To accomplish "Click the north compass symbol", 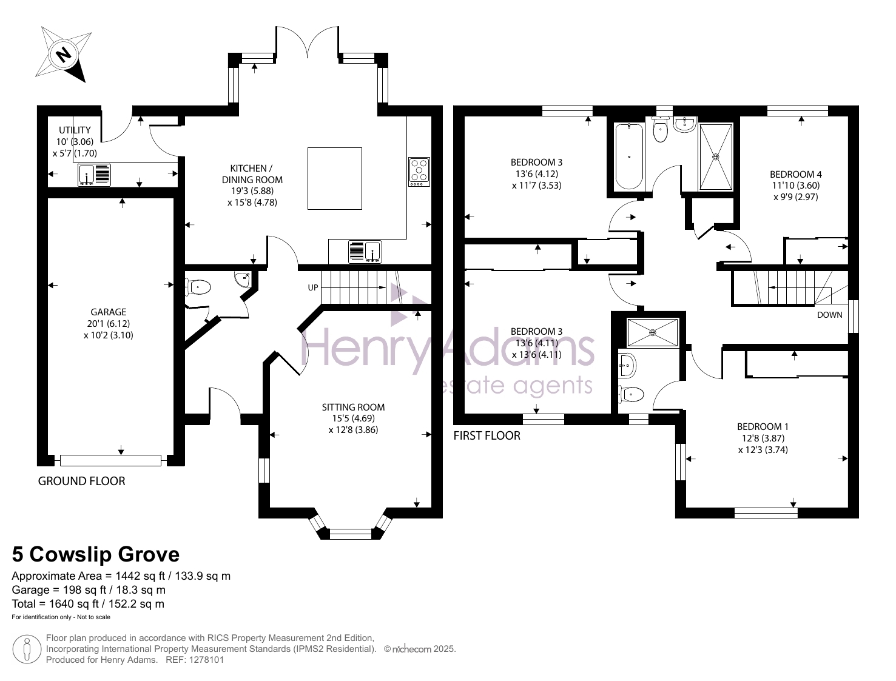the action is pos(63,54).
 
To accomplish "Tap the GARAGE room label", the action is pos(108,312).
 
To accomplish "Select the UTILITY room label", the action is pos(75,130).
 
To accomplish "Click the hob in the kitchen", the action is pos(419,172).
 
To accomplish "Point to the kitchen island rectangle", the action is pos(335,178).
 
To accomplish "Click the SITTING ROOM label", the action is pos(353,408).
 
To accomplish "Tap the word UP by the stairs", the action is pos(312,287).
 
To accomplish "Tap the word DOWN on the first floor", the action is pos(829,315).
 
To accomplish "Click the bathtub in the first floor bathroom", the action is pos(629,156).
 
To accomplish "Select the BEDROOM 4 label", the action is pos(795,174).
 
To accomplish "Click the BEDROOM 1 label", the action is pos(763,427).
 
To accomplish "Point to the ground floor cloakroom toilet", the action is pos(198,287).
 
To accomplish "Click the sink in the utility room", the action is pos(94,175).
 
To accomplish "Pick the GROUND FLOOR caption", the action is pos(82,481).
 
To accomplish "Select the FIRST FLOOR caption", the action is pos(487,436).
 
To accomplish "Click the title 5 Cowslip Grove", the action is pos(95,554).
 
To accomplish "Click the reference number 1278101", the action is pos(206,660).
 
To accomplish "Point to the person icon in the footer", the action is pos(27,649).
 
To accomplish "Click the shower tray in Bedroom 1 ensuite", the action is pos(652,333).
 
